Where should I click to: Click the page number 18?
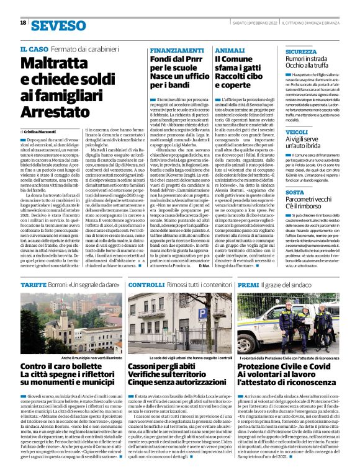tap(23, 22)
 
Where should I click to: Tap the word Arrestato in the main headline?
tap(55, 112)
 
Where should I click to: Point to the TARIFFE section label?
tap(34, 283)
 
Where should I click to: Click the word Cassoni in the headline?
tap(147, 367)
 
